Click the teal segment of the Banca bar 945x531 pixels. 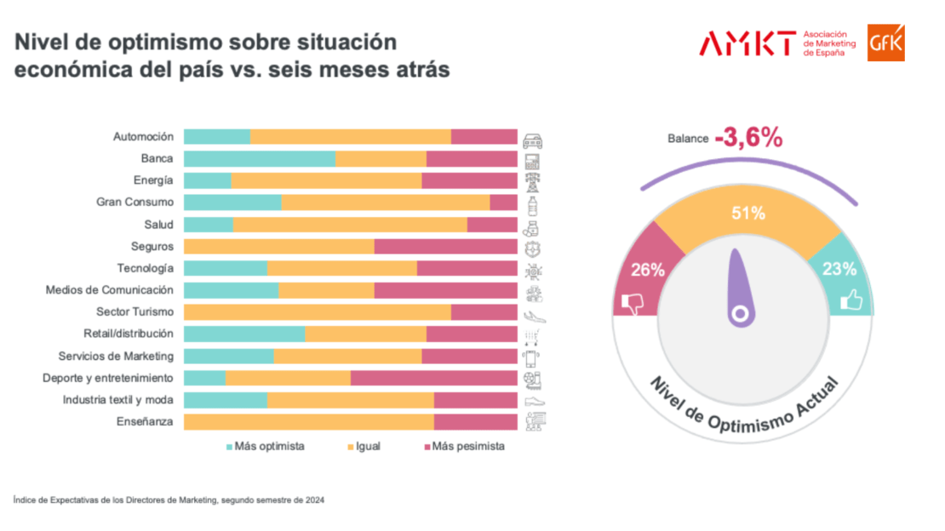(x=259, y=159)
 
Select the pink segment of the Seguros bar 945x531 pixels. (x=445, y=247)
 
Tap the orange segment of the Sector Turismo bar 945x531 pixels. (x=317, y=312)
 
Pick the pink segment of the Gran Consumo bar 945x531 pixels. (x=503, y=203)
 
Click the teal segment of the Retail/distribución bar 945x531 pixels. (x=243, y=334)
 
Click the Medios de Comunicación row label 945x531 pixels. (x=109, y=290)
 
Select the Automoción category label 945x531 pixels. (x=143, y=136)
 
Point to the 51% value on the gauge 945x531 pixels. (x=748, y=214)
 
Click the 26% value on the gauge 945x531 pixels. (x=647, y=271)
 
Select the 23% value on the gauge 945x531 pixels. (x=840, y=270)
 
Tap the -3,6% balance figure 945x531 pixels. (x=748, y=137)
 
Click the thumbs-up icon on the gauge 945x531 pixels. (x=850, y=300)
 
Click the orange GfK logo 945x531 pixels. (x=886, y=43)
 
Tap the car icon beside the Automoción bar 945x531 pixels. (x=533, y=140)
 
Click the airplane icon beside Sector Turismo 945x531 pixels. (x=535, y=315)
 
